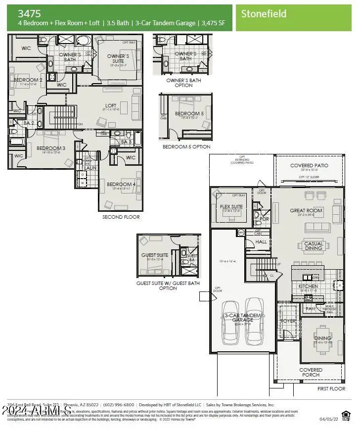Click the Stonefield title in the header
pos(264,14)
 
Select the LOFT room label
pos(110,105)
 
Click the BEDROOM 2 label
pos(28,80)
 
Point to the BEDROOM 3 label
pos(51,148)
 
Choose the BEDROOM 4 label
pos(121,185)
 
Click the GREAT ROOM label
pos(306,210)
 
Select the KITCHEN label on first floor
pos(308,287)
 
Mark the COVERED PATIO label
pos(309,166)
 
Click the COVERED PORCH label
pos(311,373)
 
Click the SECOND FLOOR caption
pos(121,217)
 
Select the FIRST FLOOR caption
pos(331,389)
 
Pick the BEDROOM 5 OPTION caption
pos(186,146)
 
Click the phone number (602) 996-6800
pos(118,404)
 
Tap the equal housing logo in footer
pos(346,413)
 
